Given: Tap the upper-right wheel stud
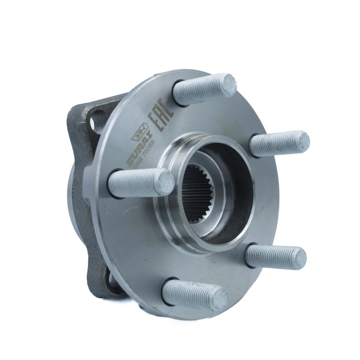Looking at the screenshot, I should [280, 143].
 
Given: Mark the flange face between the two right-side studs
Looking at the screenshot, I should [273, 201].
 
